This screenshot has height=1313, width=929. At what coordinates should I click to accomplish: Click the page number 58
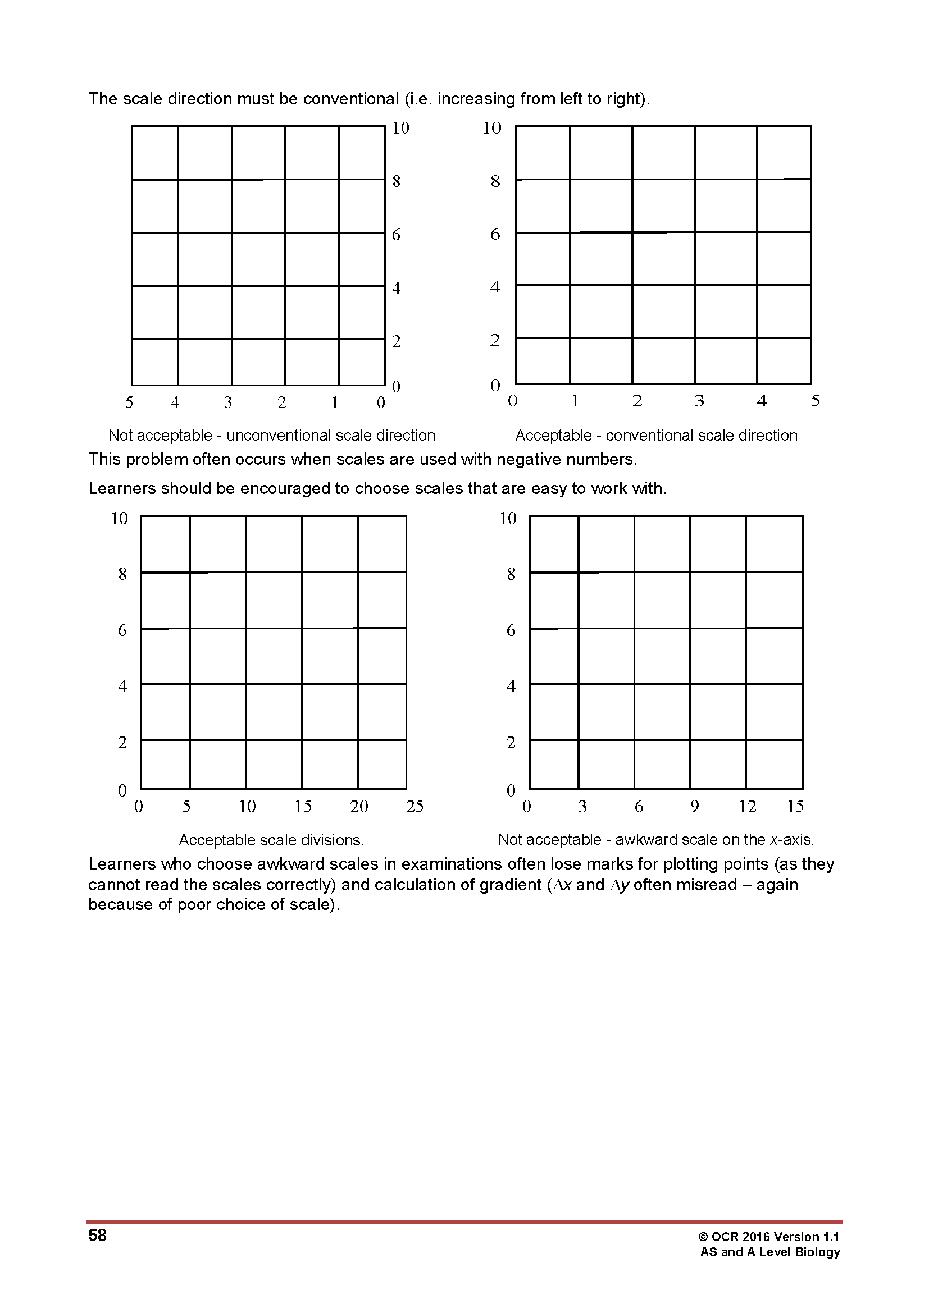coord(97,1235)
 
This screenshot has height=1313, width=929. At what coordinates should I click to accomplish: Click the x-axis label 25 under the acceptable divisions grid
coord(415,806)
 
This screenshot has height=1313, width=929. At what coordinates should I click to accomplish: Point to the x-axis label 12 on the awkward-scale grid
coord(747,806)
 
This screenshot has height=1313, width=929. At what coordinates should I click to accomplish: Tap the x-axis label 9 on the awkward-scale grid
coord(694,806)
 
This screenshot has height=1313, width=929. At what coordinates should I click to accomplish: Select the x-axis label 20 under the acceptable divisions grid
coord(359,806)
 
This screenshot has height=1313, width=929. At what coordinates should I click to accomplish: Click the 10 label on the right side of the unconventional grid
coord(400,128)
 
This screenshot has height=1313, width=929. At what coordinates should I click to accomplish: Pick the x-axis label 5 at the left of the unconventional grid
coord(129,402)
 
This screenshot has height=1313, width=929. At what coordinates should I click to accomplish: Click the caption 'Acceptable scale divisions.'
coord(271,840)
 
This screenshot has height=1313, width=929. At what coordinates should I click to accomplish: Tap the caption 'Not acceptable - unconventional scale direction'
coord(272,435)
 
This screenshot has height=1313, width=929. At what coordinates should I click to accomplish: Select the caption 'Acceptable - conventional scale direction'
coord(656,435)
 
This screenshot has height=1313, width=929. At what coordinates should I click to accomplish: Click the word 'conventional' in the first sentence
coord(350,99)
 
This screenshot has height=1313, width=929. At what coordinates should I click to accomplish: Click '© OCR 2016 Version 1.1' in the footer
coord(768,1237)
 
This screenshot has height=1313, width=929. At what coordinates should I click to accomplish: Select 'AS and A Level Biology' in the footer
coord(770,1252)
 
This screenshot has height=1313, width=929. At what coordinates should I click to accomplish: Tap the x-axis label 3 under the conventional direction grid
coord(699,401)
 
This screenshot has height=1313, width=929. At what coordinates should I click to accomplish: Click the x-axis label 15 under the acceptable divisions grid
coord(303,806)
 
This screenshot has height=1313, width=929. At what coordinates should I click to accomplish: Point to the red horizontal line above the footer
coord(464,1221)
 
